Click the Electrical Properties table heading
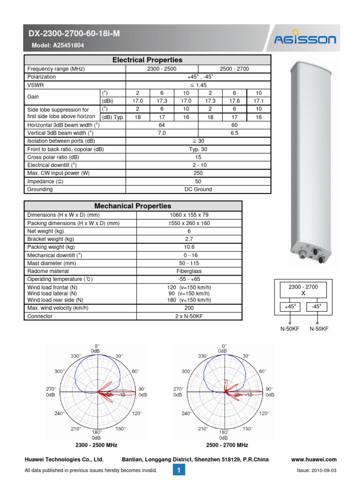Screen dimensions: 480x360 (x=147, y=60)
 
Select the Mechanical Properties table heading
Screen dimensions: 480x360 (x=133, y=206)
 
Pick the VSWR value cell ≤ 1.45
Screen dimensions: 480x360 (x=198, y=85)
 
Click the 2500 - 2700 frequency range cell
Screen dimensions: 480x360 (x=234, y=68)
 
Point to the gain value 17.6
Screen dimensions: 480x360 (x=234, y=101)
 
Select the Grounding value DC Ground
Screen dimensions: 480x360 (x=198, y=189)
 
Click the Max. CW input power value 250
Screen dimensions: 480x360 (x=198, y=173)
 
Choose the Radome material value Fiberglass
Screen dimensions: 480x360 (x=189, y=271)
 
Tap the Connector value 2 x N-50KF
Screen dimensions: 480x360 (x=189, y=316)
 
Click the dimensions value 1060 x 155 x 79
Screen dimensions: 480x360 (x=189, y=215)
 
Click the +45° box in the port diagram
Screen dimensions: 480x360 (x=291, y=307)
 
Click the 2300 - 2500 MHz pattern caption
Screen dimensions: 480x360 (x=96, y=445)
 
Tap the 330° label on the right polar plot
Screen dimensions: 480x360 (x=203, y=356)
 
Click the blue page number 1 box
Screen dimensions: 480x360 (x=179, y=470)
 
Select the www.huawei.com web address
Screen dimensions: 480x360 (x=314, y=460)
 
